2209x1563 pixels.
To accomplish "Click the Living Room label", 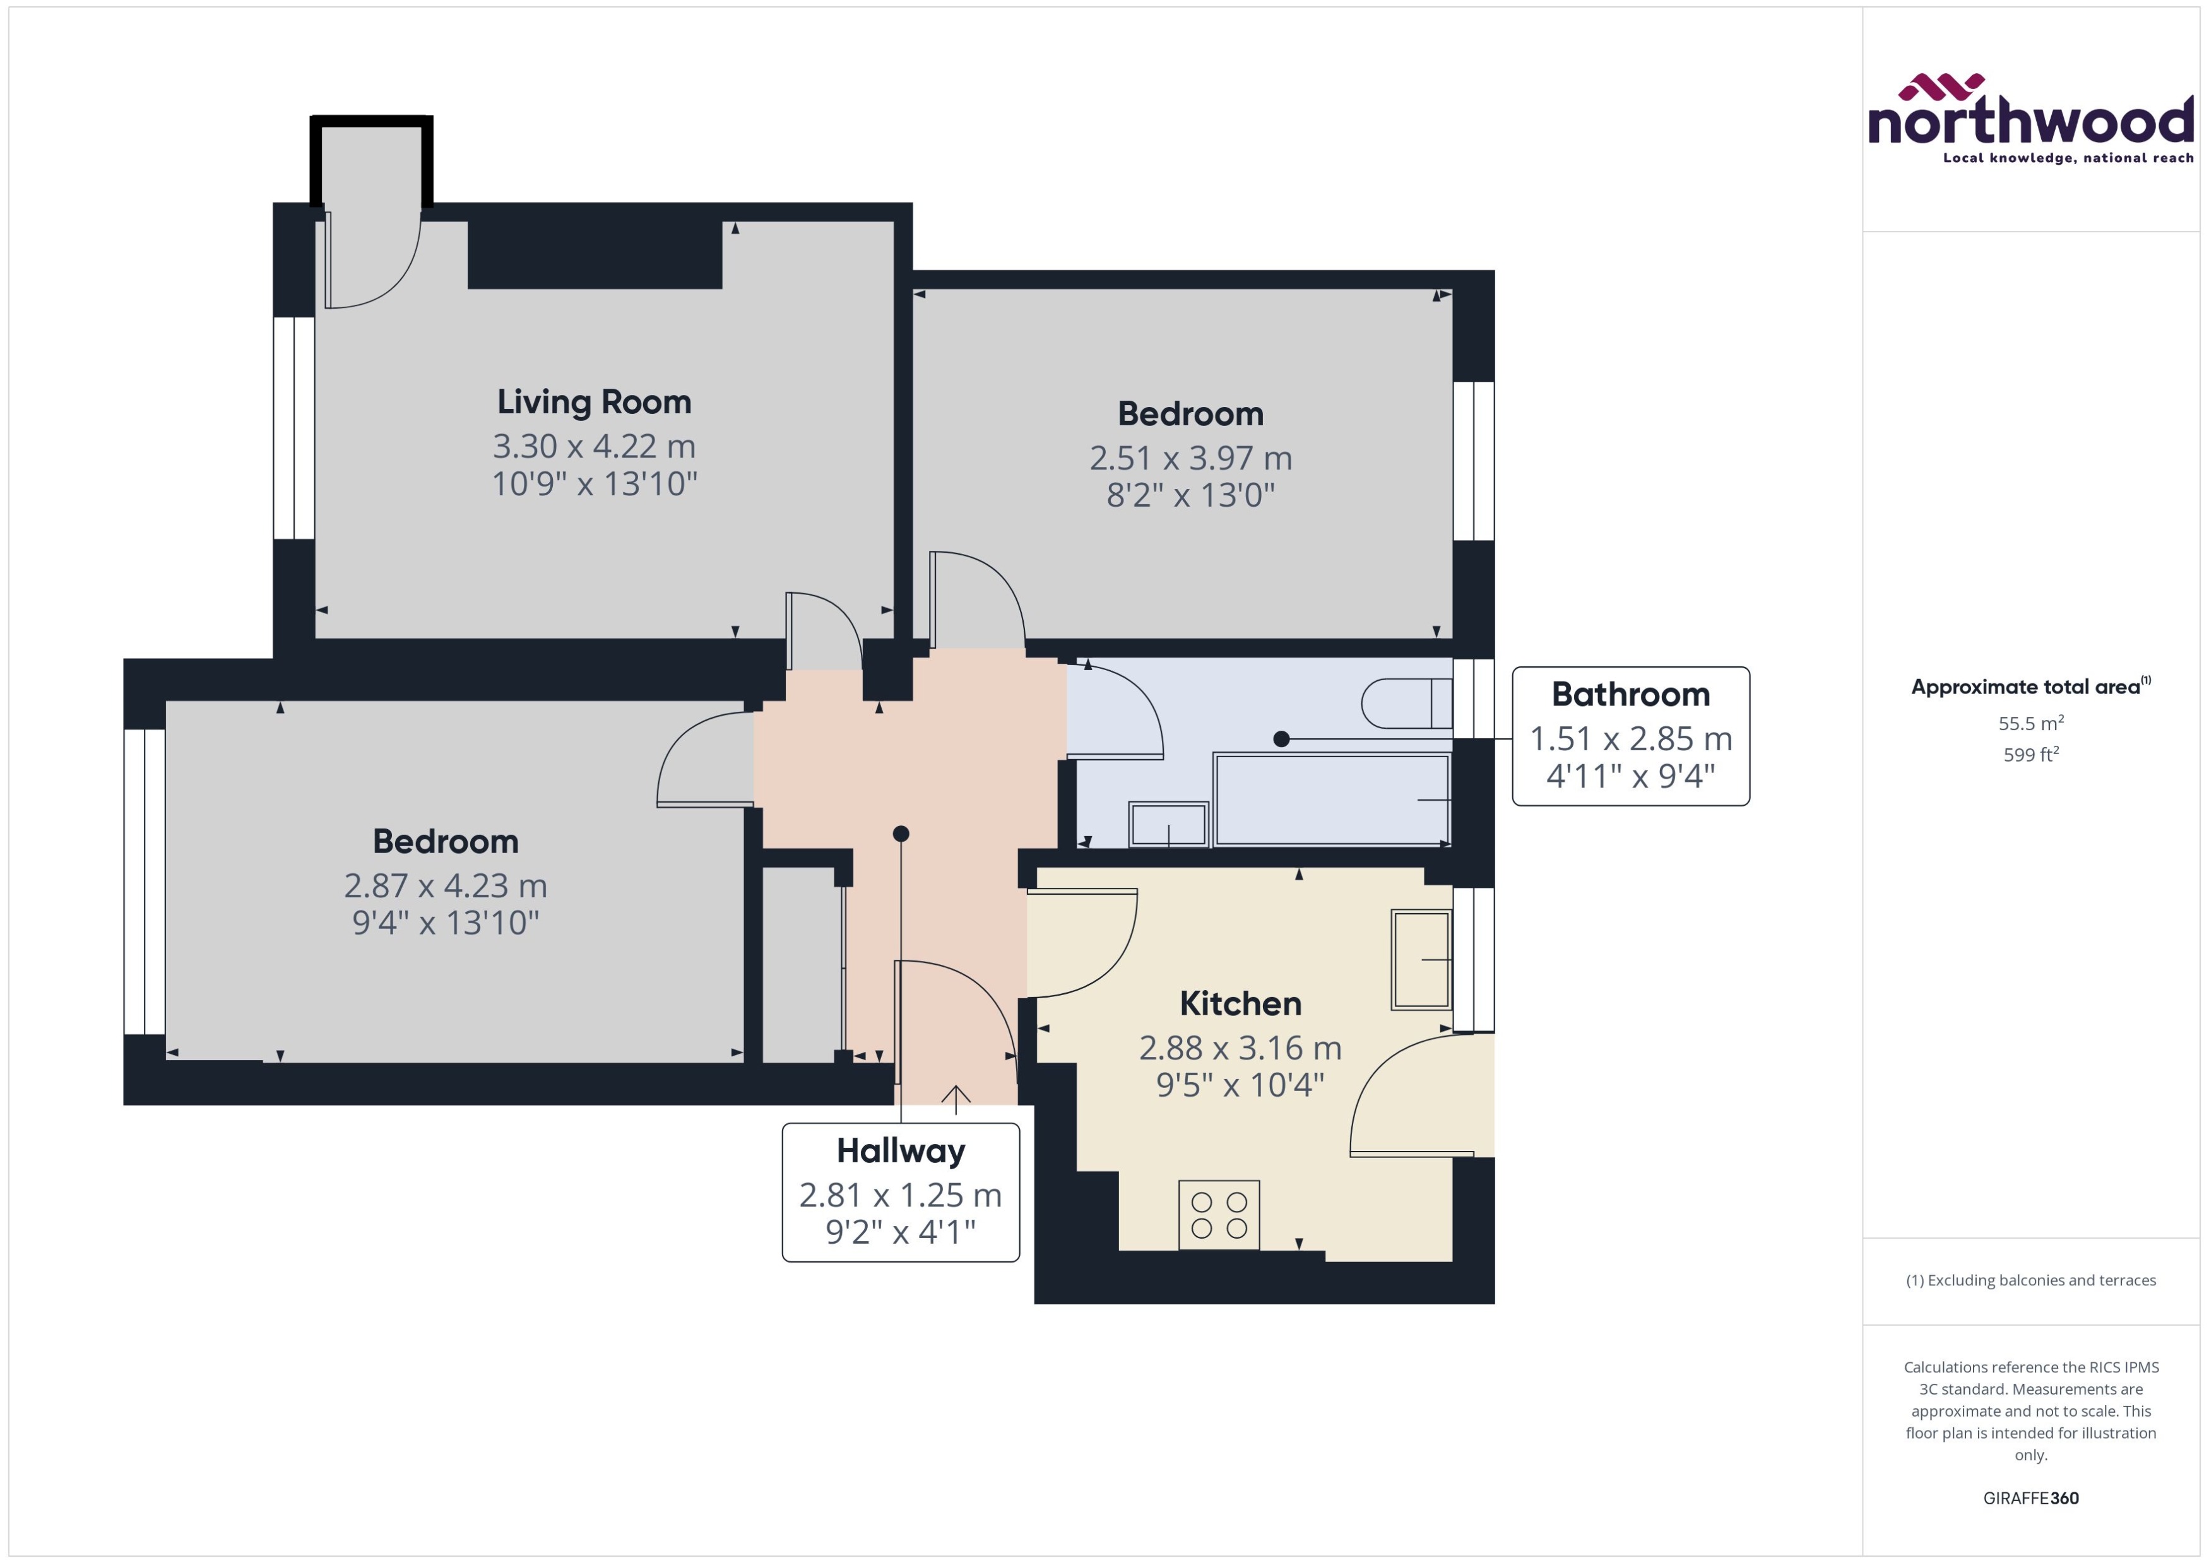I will (594, 401).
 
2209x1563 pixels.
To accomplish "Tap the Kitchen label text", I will (1240, 1003).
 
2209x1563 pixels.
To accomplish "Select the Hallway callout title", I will (900, 1150).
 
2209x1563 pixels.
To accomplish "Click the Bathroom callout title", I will (1630, 694).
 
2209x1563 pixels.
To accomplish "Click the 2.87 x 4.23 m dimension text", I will (445, 885).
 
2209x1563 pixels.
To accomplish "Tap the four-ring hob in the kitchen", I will (1219, 1215).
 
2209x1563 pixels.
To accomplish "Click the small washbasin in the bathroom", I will (1168, 824).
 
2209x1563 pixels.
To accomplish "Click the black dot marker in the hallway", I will (900, 834).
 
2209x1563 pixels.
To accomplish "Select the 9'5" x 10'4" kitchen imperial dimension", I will (1240, 1085).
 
